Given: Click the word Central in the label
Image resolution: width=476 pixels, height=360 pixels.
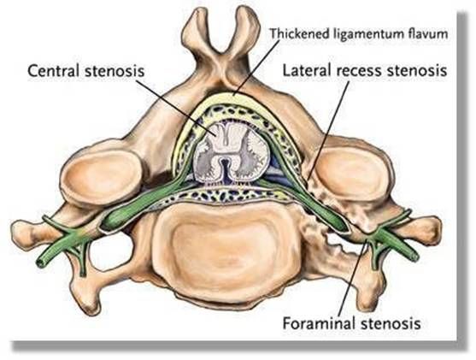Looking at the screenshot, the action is pos(53,71).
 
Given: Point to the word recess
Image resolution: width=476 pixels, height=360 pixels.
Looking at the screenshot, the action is pos(359,72).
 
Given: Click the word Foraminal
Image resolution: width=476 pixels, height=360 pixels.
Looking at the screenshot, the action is pos(319,323).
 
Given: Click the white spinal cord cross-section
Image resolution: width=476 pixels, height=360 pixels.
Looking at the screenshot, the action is pos(231,154).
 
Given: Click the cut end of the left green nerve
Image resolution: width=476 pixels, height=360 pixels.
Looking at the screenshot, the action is pos(40,263).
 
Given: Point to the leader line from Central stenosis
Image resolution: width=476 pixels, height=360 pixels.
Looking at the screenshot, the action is pos(176,107).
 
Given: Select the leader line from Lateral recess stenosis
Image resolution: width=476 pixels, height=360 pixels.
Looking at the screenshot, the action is pos(328,130).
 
